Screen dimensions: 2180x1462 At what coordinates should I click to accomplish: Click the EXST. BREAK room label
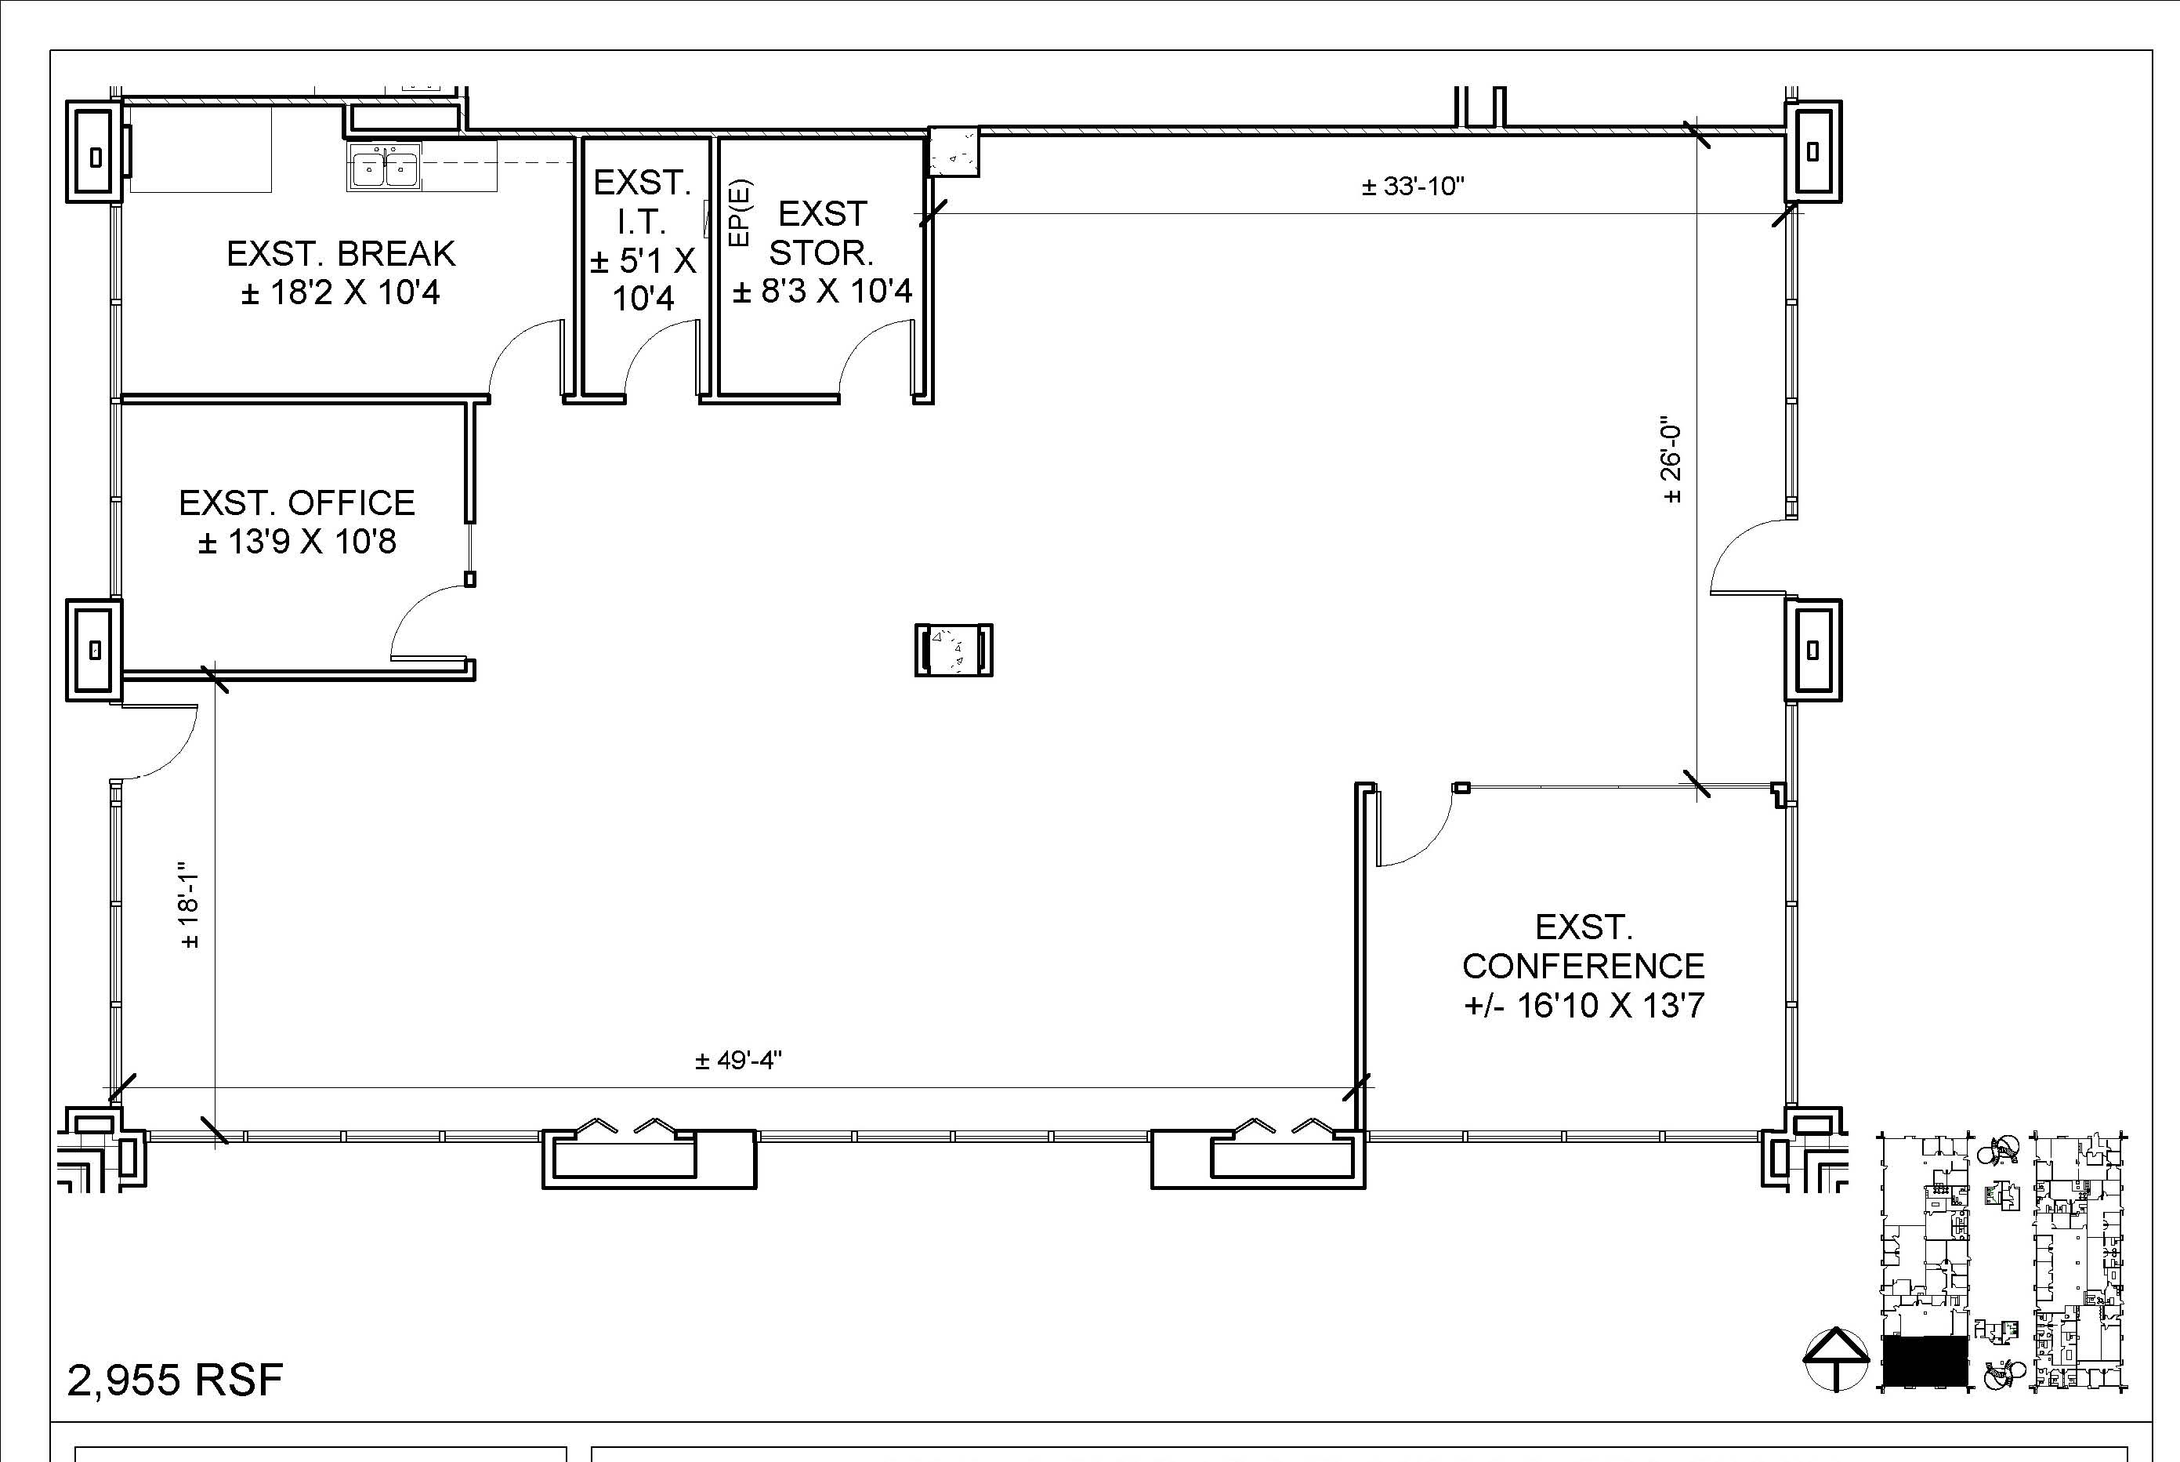coord(341,272)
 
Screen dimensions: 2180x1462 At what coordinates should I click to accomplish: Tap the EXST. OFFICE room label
coord(297,522)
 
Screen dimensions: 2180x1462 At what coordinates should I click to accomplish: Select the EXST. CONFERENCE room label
coord(1584,966)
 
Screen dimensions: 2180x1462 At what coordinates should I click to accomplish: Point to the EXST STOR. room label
coord(822,252)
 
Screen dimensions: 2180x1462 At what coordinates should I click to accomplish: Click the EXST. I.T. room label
coord(643,240)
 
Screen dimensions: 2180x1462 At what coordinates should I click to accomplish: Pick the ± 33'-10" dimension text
coord(1413,187)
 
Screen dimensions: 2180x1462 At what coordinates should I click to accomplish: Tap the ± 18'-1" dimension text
coord(189,905)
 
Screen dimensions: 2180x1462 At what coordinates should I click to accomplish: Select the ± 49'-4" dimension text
coord(738,1060)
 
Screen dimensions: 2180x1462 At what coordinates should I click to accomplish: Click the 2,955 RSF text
coord(176,1380)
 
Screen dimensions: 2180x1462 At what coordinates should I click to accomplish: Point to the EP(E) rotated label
coord(741,213)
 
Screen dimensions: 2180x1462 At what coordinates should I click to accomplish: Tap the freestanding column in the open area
coord(954,650)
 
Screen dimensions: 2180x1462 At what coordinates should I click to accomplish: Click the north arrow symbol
coord(1835,1359)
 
